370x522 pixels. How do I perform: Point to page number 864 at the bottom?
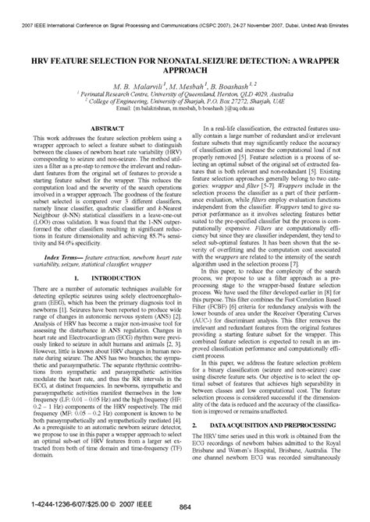point(185,508)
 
